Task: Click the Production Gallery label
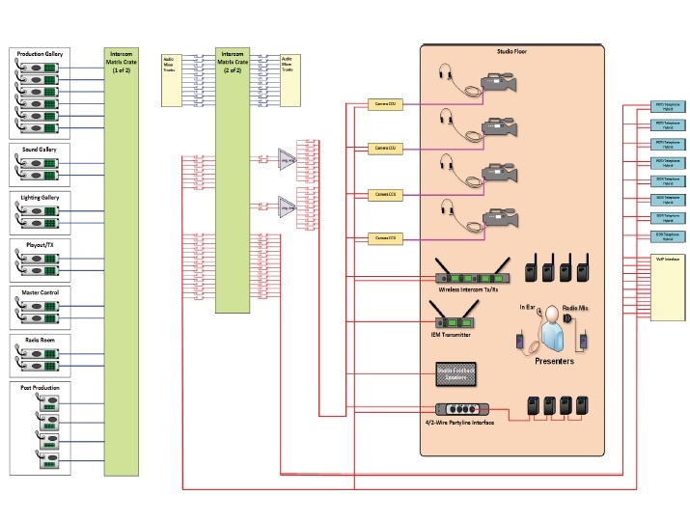point(41,53)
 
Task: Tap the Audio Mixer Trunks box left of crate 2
point(172,65)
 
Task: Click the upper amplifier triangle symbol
point(287,157)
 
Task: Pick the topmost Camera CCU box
point(385,103)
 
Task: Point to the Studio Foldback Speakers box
point(452,371)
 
